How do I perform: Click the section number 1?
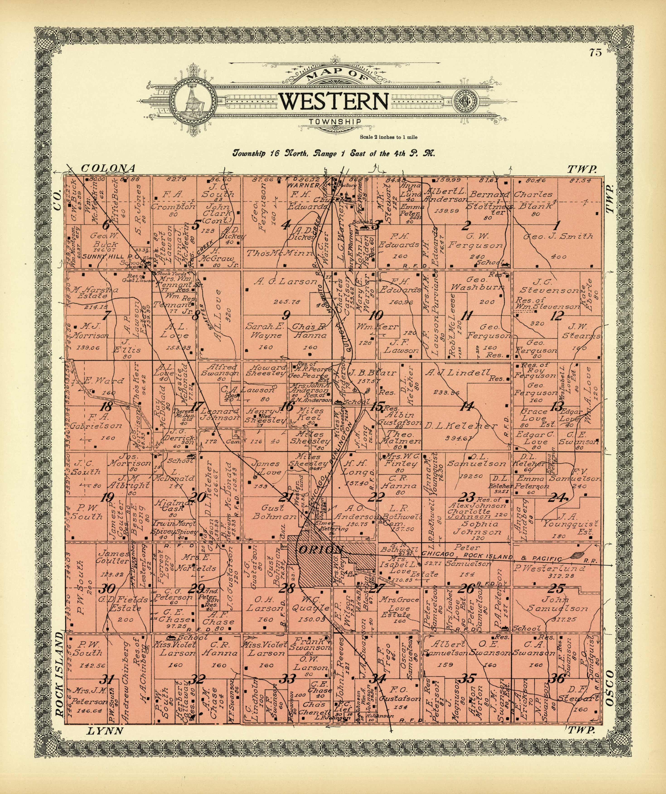pos(556,226)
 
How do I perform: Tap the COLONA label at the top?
pos(108,168)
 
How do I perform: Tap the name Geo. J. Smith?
pos(558,237)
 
